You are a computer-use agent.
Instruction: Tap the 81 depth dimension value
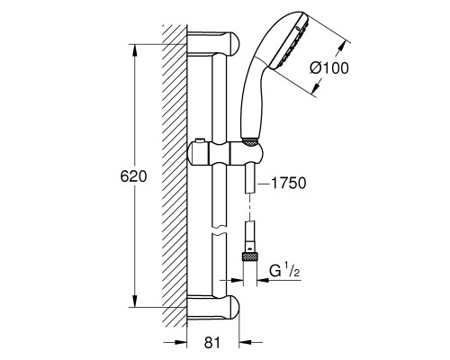point(212,342)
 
